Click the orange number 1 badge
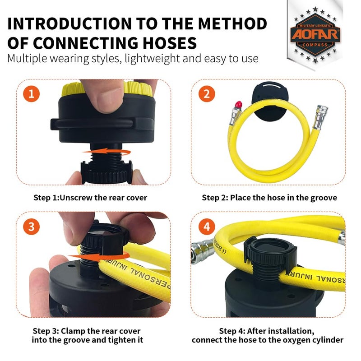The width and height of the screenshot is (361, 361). pyautogui.click(x=31, y=95)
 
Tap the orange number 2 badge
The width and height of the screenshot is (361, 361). pyautogui.click(x=207, y=95)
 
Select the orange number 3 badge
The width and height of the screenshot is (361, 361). pyautogui.click(x=31, y=227)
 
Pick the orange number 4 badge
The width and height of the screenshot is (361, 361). pyautogui.click(x=207, y=227)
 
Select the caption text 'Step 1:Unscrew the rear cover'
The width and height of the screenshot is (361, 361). pyautogui.click(x=90, y=197)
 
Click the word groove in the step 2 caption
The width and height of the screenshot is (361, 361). pyautogui.click(x=324, y=197)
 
